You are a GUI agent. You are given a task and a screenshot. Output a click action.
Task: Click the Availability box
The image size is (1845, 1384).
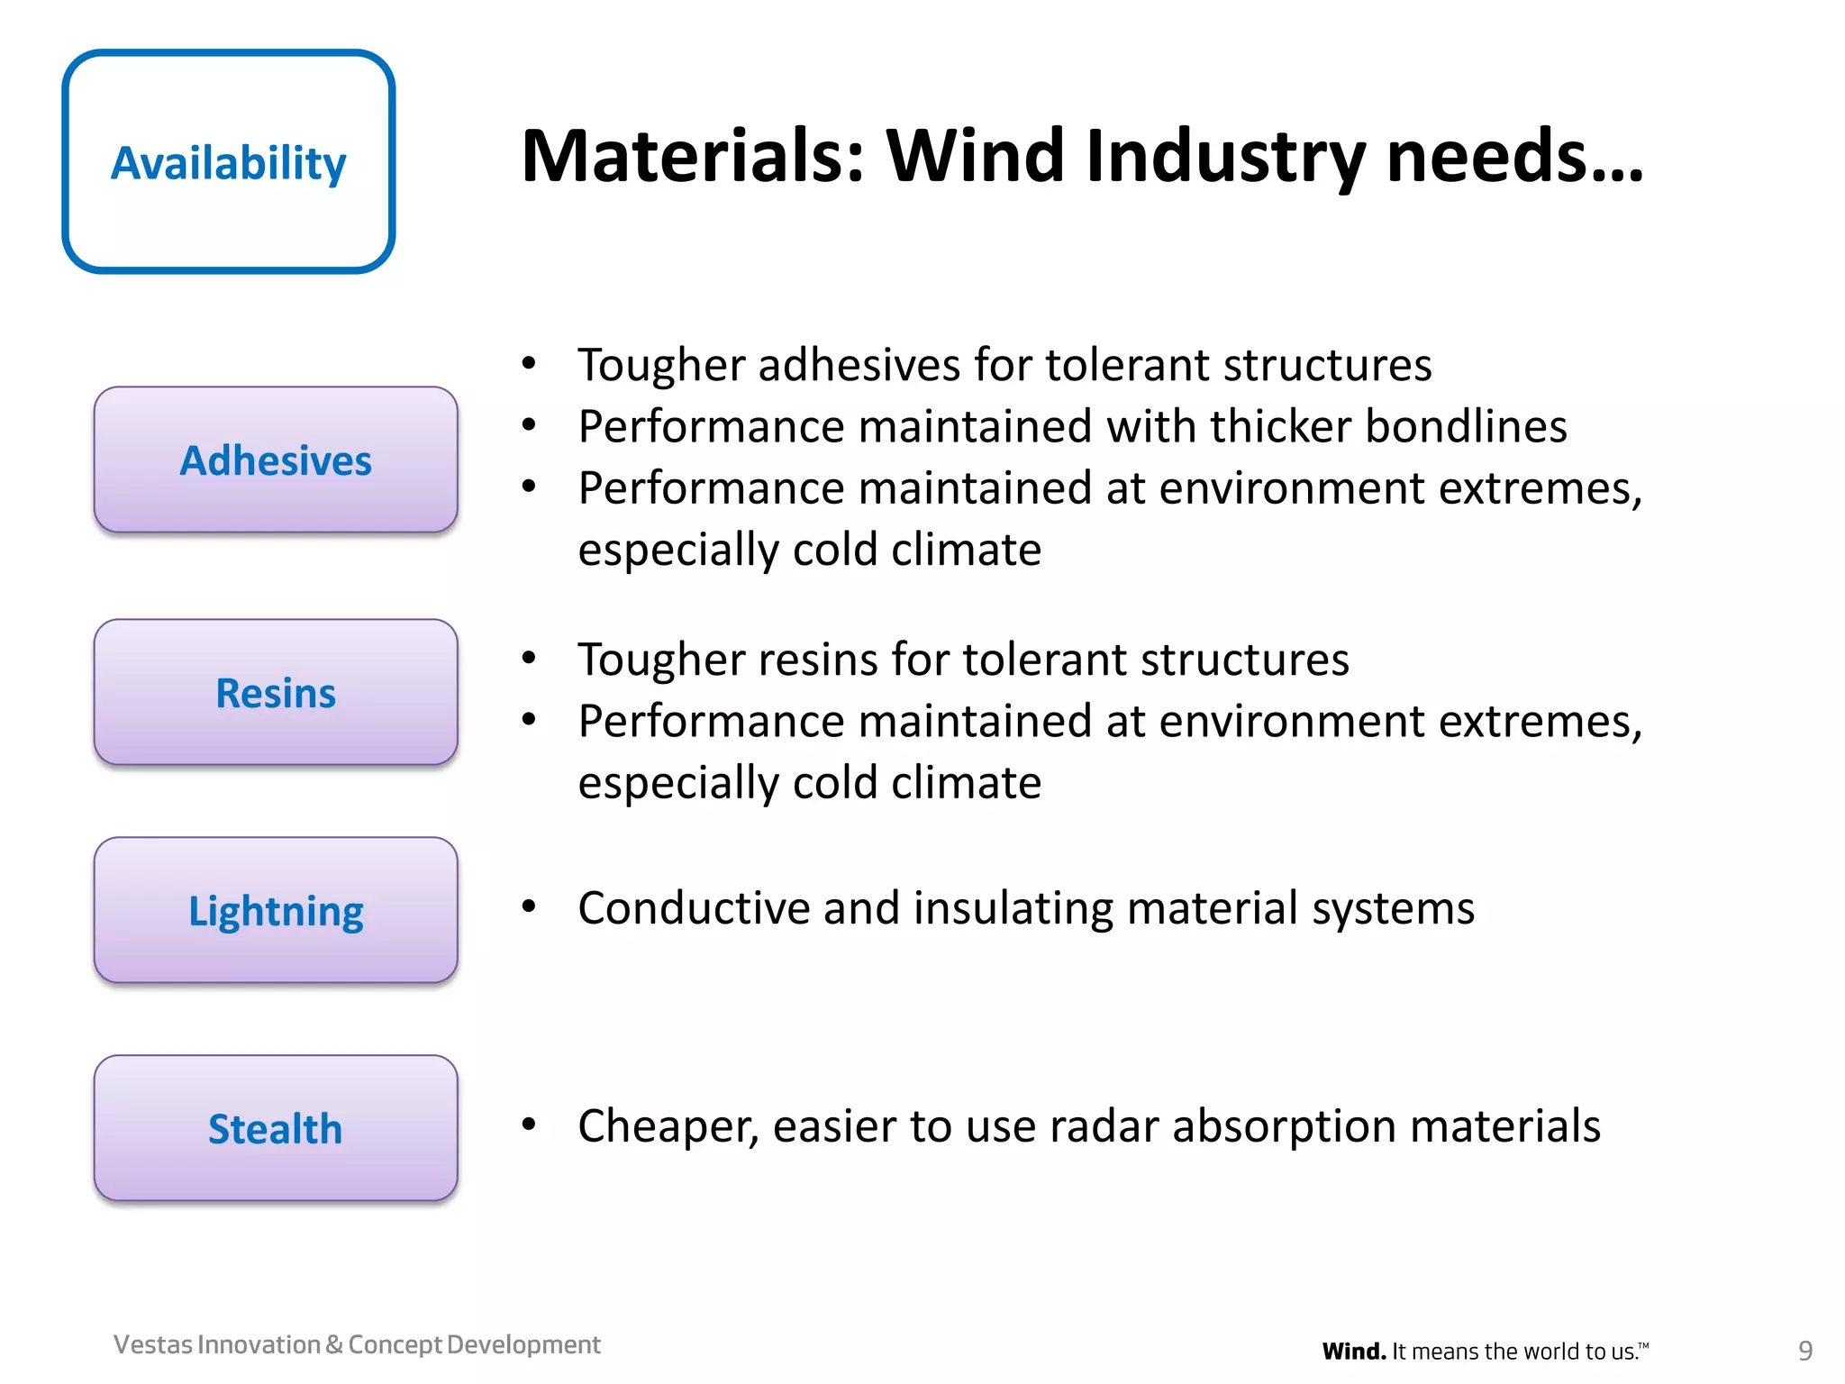coord(228,162)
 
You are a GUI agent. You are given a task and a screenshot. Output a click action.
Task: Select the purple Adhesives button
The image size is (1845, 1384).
coord(276,460)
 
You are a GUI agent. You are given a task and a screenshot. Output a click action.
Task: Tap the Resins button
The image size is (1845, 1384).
coord(276,693)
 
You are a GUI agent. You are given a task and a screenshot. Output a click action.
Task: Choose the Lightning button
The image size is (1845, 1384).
coord(276,911)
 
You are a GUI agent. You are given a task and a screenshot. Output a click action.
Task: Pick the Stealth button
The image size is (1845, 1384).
coord(276,1129)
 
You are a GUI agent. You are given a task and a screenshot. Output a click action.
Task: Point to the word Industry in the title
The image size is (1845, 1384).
coord(1225,159)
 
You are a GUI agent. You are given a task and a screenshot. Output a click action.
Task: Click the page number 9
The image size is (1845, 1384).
coord(1804,1351)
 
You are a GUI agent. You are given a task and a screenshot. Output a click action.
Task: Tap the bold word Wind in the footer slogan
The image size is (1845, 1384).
coord(1353,1352)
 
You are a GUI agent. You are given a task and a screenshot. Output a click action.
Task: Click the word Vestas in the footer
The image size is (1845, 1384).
coord(153,1344)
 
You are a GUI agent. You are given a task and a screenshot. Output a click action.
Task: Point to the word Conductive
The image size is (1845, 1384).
coord(693,907)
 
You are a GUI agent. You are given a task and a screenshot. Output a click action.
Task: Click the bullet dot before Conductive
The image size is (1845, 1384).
coord(529,906)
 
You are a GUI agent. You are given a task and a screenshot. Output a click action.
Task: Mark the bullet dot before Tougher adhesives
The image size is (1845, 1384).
coord(529,364)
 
